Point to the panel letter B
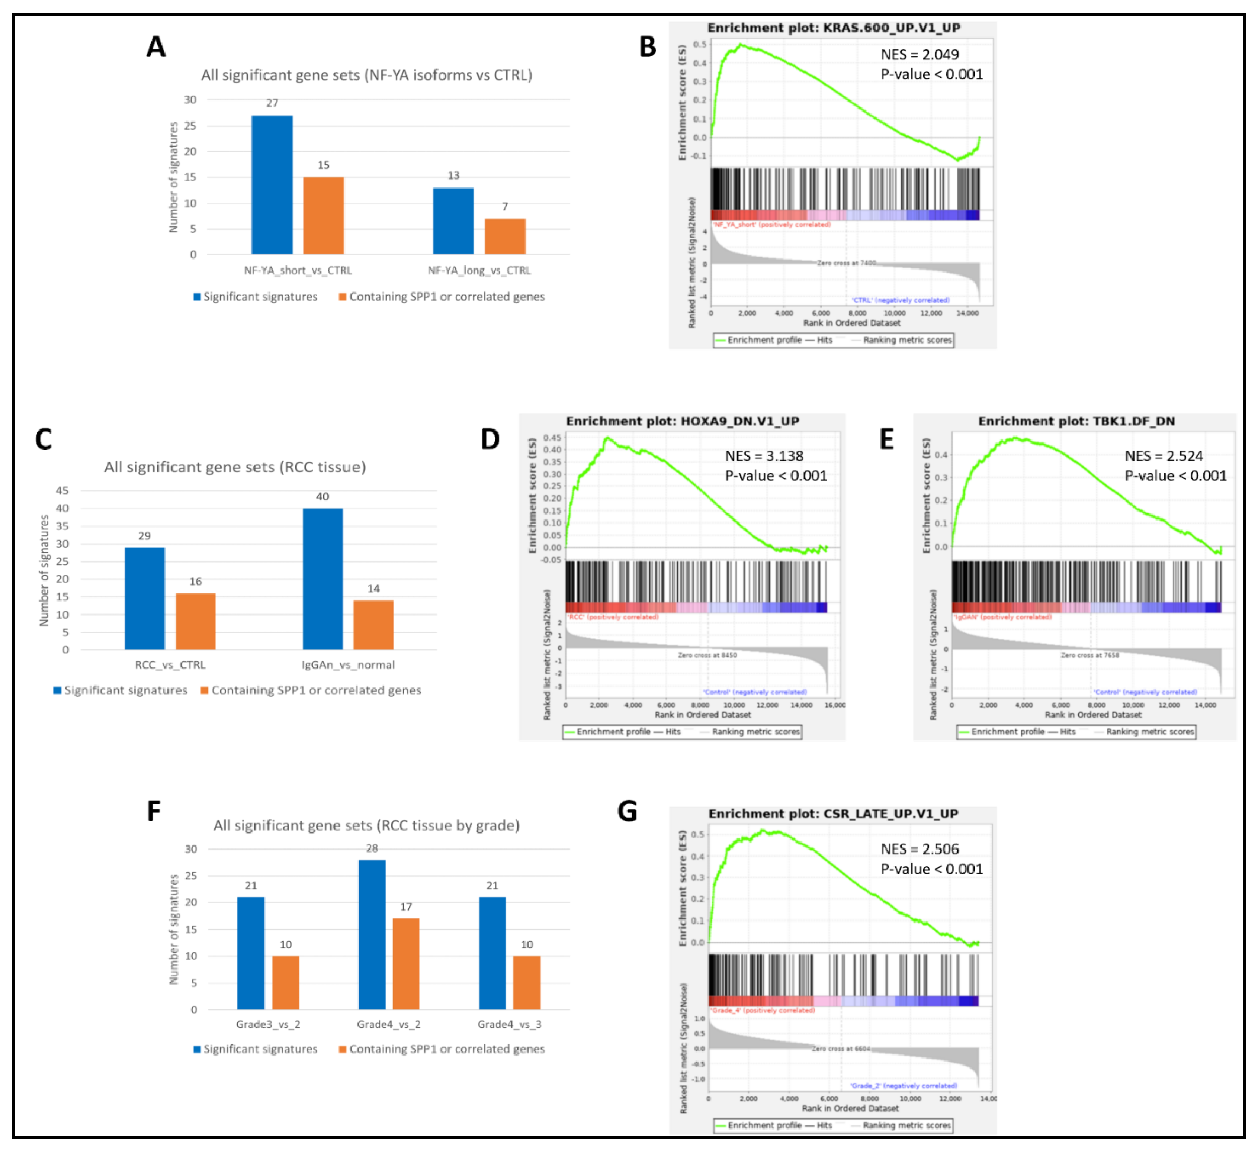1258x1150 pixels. click(x=648, y=47)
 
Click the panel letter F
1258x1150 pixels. click(x=154, y=811)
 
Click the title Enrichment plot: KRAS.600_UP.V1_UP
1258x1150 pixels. click(x=834, y=28)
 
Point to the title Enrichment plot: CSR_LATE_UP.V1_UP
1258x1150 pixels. click(x=833, y=814)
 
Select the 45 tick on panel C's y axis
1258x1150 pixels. click(x=62, y=491)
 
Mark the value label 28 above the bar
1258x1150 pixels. click(x=372, y=848)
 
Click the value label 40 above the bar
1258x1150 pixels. click(x=322, y=497)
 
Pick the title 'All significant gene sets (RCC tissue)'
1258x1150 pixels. click(x=235, y=467)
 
